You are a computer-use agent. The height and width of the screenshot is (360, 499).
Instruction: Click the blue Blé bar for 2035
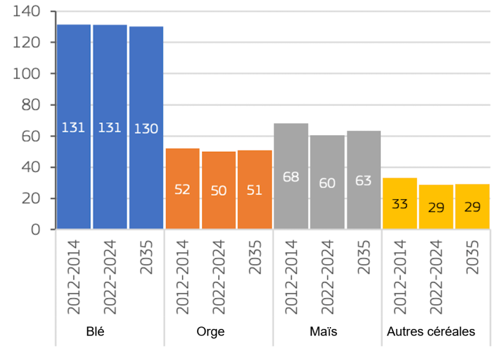(x=146, y=128)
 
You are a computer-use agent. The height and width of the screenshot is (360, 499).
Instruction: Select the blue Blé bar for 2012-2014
(x=74, y=127)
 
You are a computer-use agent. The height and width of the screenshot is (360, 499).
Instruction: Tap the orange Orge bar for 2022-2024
(x=218, y=190)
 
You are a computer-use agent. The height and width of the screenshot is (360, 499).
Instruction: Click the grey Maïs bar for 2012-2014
(x=291, y=176)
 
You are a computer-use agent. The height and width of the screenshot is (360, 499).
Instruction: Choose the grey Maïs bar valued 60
(x=327, y=182)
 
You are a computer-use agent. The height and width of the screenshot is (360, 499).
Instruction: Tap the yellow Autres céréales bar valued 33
(x=399, y=203)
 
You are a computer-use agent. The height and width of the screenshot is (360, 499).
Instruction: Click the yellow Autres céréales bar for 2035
(x=472, y=206)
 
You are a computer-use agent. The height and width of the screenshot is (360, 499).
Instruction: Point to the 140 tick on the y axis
(x=27, y=12)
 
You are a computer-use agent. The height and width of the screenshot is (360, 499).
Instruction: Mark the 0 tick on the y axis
(x=35, y=230)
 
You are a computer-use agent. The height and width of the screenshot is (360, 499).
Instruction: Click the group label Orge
(x=211, y=331)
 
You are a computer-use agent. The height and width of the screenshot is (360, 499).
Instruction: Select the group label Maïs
(x=323, y=331)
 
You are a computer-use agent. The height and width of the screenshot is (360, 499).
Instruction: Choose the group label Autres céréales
(x=431, y=331)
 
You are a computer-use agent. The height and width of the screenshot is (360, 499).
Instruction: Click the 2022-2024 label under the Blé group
(x=110, y=277)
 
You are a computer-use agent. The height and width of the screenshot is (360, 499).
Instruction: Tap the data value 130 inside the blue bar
(x=146, y=129)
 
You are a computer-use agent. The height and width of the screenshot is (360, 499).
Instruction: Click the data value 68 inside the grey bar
(x=291, y=177)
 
